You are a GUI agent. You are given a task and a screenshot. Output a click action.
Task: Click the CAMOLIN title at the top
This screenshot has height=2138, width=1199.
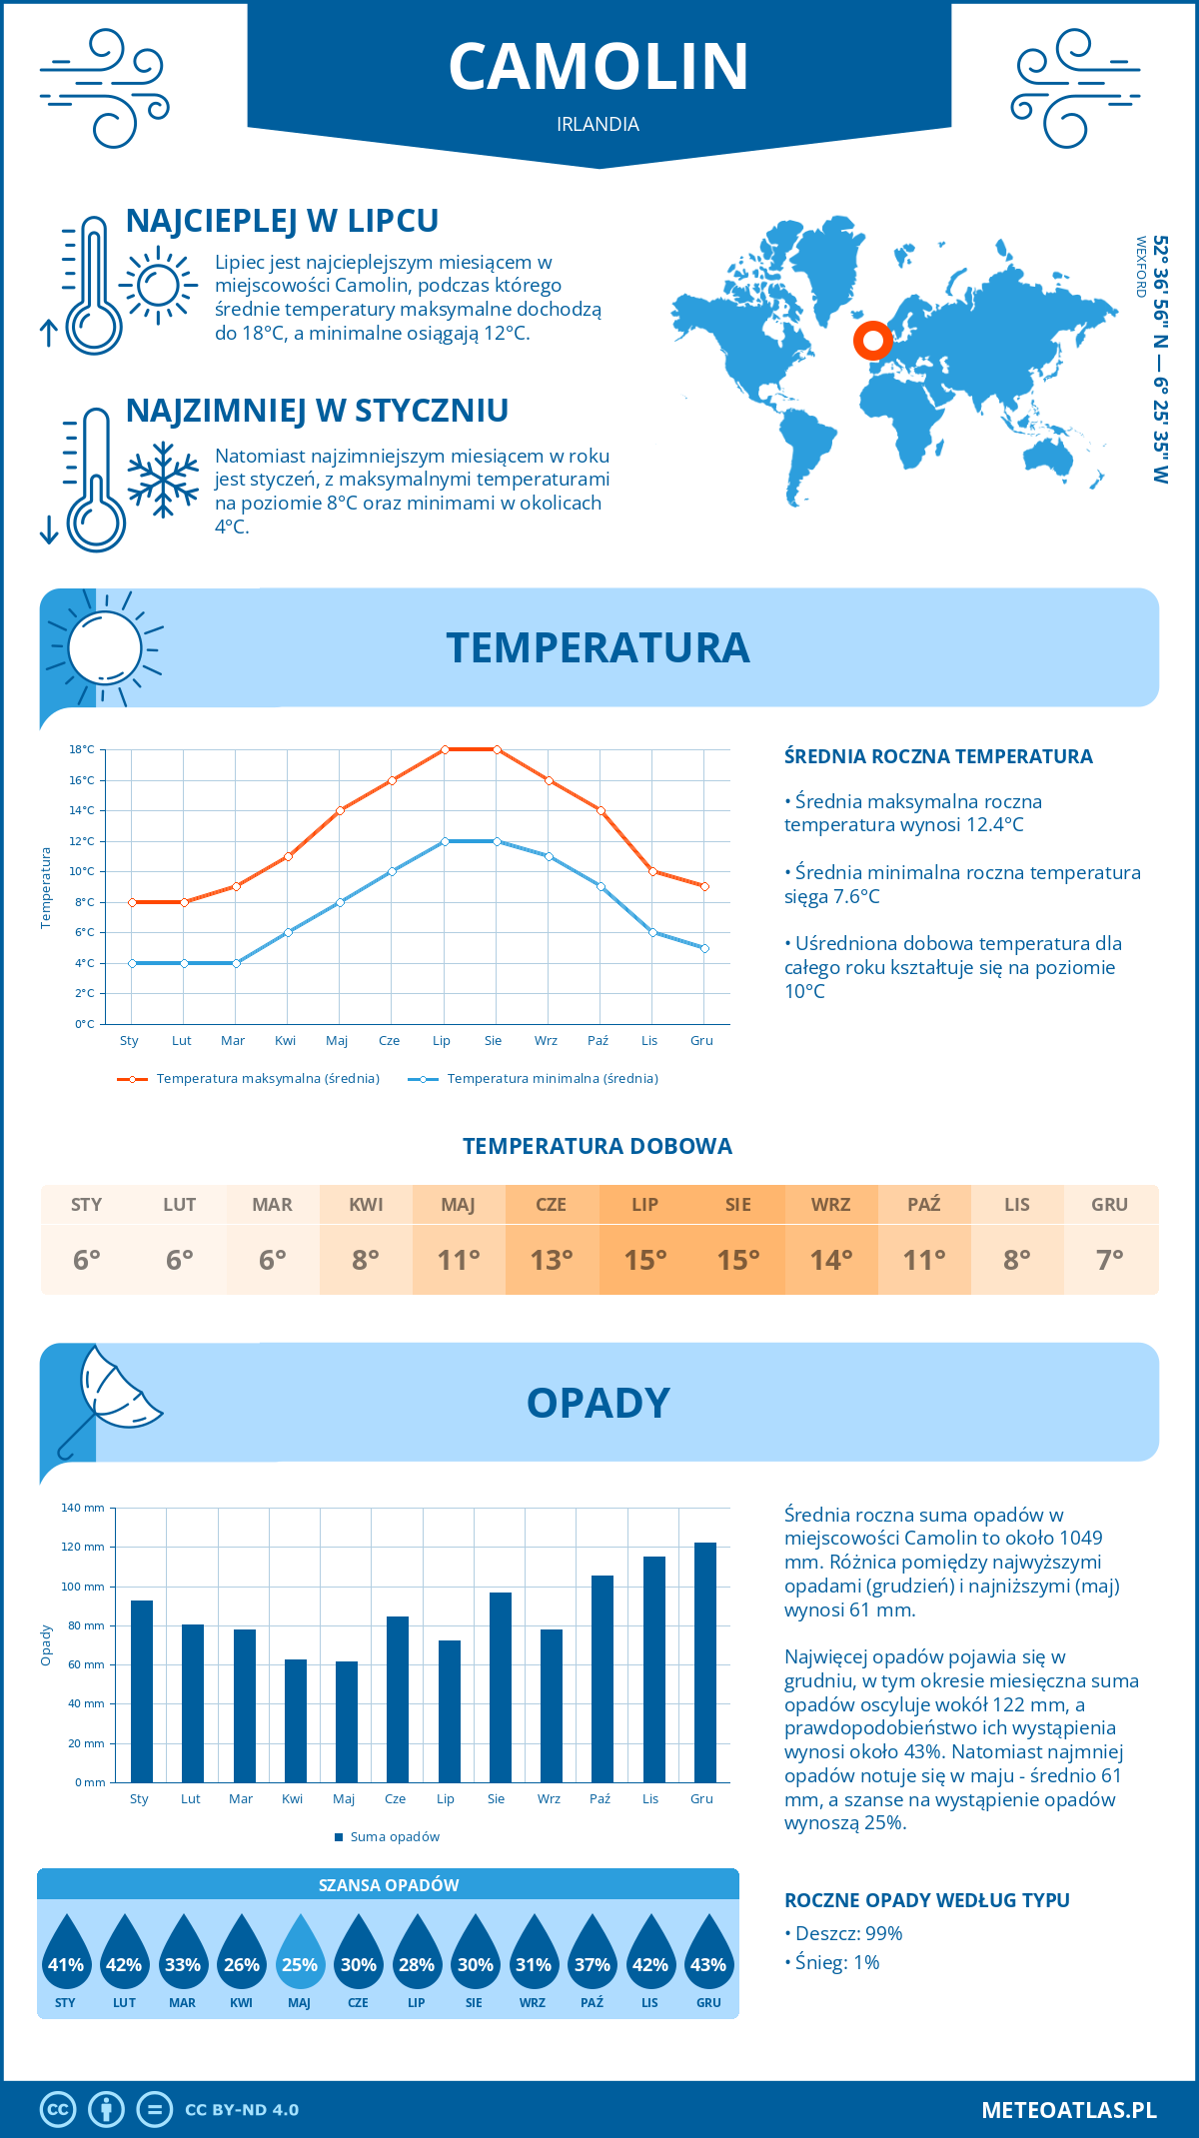tap(599, 67)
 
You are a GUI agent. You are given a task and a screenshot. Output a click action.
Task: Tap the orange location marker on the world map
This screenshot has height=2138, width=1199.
tap(872, 341)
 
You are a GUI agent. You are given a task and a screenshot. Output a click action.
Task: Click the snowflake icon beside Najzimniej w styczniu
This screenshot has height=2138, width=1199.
tap(163, 480)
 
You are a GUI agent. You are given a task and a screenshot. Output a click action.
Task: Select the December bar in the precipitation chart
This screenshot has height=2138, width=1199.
tap(705, 1662)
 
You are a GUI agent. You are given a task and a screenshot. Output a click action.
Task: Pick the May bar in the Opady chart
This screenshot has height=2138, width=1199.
tap(346, 1721)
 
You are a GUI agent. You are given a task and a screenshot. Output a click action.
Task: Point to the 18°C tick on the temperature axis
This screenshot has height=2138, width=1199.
tap(82, 749)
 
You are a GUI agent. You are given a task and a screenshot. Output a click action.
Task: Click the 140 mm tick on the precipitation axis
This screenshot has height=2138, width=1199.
tap(84, 1508)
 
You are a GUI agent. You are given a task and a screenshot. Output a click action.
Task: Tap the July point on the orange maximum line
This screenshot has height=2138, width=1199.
tap(445, 749)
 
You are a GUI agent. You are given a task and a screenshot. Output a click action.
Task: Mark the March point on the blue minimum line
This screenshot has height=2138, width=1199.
tap(236, 963)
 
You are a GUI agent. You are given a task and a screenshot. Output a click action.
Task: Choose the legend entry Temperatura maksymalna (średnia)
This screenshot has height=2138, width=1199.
tap(268, 1079)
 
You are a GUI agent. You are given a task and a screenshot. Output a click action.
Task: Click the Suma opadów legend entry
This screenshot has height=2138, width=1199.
tap(395, 1837)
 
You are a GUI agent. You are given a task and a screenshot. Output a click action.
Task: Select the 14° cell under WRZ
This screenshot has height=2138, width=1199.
tap(831, 1260)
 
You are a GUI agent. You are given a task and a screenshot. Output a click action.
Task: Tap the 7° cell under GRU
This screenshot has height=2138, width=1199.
tap(1110, 1260)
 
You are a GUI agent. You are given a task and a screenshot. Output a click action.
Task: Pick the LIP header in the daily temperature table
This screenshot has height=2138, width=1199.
tap(644, 1205)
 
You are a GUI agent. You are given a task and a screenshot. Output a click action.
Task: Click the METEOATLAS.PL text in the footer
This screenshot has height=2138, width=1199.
tap(1069, 2110)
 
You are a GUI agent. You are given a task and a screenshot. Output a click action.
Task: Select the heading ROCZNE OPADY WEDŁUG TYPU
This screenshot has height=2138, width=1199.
tap(926, 1900)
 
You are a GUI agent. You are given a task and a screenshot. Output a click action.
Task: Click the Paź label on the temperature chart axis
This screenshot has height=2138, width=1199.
tap(598, 1041)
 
